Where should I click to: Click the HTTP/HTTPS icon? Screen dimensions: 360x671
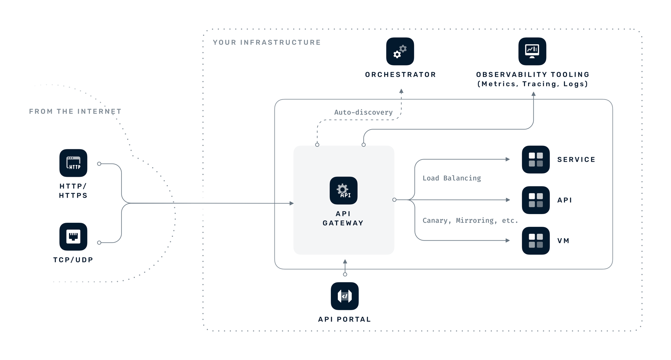coord(73,163)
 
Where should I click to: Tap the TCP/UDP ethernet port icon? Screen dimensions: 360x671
coord(73,237)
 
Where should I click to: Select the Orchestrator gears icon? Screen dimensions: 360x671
coord(400,51)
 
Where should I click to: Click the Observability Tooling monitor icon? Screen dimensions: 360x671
coord(532,51)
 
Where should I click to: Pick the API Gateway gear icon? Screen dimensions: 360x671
coord(343,191)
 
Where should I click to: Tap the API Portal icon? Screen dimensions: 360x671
coord(345,296)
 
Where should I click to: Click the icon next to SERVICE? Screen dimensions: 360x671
coord(535,159)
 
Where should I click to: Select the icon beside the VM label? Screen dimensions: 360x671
coord(535,241)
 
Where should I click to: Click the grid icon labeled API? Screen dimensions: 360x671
coord(535,200)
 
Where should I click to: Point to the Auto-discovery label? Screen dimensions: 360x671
coord(363,112)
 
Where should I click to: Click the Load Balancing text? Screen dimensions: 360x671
coord(452,178)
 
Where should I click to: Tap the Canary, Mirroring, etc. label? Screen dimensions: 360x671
coord(470,220)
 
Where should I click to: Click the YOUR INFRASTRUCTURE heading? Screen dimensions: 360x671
coord(267,43)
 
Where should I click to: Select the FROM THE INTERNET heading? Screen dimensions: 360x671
coord(75,111)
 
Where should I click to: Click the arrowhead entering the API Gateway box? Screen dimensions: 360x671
coord(292,203)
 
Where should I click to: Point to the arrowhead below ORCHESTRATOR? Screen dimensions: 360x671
coord(401,91)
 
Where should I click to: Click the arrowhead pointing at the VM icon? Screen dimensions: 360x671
coord(508,241)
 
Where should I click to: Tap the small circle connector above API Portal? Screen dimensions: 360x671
coord(345,274)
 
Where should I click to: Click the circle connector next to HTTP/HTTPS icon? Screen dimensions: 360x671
coord(99,164)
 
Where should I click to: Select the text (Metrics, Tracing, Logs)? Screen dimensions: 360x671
coord(532,84)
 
